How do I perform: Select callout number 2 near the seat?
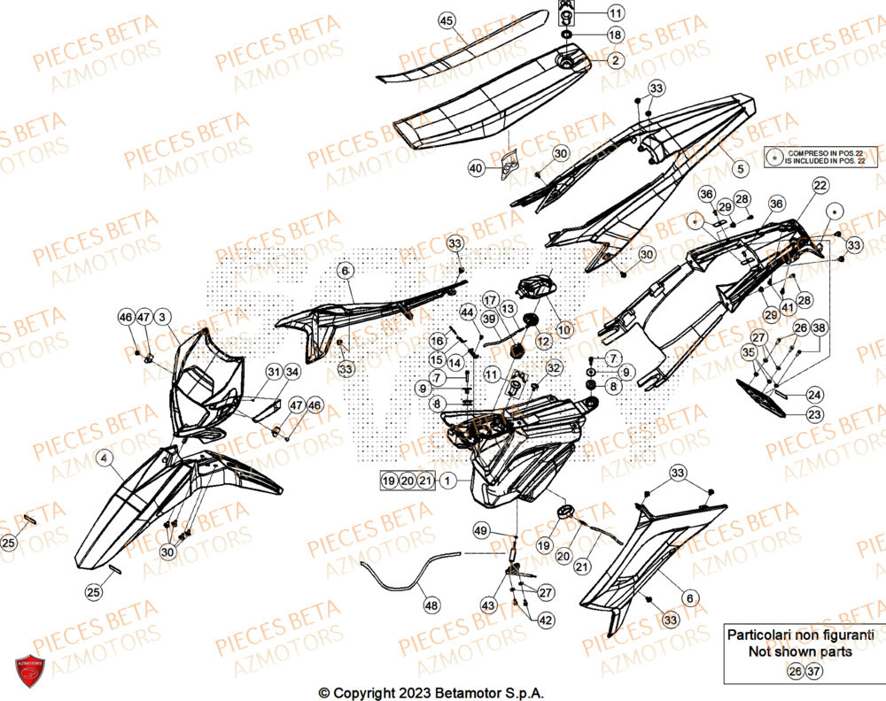615,60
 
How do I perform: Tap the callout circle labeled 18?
615,36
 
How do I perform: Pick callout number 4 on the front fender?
105,458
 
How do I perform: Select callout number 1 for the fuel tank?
449,481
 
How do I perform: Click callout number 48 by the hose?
431,606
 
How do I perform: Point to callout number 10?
564,329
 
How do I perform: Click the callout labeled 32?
553,367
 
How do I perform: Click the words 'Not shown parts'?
800,651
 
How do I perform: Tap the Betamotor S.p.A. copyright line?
431,691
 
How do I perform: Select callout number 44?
467,312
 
